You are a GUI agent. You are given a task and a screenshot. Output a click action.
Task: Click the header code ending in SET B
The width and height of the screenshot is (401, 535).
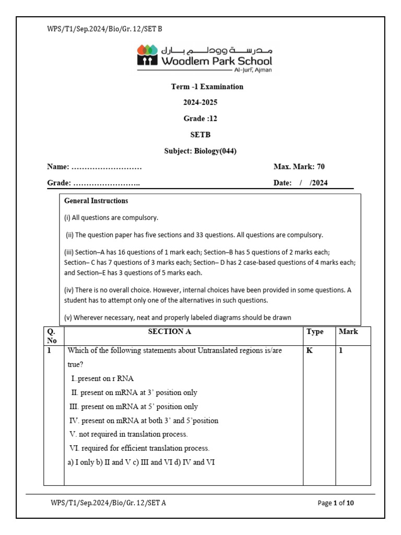pos(104,29)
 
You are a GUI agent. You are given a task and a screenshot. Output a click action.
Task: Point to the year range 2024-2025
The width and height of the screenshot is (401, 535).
pos(200,102)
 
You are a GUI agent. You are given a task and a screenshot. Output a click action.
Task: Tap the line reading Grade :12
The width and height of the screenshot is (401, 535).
pos(200,119)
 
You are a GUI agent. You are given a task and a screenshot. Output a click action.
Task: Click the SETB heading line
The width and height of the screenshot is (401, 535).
pos(200,134)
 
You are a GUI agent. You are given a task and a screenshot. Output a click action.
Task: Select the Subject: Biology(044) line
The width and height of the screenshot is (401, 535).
pos(200,151)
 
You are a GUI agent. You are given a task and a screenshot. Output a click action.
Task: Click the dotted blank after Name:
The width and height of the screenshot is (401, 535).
pos(107,167)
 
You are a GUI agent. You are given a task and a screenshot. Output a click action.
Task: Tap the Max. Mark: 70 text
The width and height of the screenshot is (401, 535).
pos(299,167)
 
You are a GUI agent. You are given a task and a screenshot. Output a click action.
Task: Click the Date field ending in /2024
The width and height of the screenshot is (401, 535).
pos(301,183)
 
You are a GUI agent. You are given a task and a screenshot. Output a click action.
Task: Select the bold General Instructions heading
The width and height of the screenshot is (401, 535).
pos(96,201)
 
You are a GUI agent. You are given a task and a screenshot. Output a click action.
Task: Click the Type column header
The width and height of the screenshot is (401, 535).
pos(315,331)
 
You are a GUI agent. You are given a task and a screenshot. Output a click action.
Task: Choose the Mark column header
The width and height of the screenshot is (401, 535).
pos(348,331)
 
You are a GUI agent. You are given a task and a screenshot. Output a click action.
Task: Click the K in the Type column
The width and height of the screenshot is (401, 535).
pos(309,351)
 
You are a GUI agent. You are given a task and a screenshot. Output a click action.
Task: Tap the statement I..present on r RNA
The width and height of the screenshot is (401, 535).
pos(105,378)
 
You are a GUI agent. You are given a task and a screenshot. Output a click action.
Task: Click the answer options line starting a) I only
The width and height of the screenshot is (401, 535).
pos(140,462)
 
